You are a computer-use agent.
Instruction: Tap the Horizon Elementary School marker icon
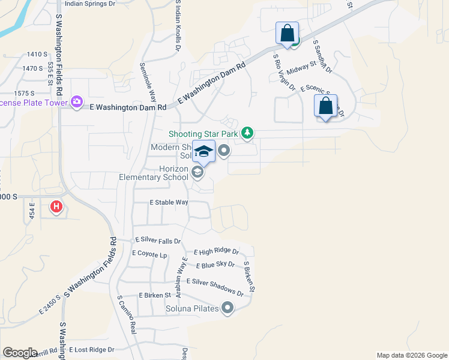(x=197, y=173)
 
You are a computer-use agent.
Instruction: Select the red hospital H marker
(x=56, y=207)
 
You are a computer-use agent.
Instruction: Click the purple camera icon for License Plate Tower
(x=76, y=101)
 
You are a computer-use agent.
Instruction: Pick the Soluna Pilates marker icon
(x=227, y=308)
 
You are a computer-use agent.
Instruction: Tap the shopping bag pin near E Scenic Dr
(x=325, y=106)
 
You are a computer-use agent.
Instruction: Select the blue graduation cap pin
(x=204, y=151)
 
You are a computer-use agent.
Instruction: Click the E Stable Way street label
(x=169, y=203)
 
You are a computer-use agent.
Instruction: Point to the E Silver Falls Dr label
(x=158, y=241)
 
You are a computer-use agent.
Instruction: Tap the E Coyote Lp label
(x=149, y=254)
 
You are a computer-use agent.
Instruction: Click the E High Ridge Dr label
(x=216, y=252)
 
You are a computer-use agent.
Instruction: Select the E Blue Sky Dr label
(x=215, y=265)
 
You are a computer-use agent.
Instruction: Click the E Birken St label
(x=155, y=295)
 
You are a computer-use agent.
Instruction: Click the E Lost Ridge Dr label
(x=91, y=349)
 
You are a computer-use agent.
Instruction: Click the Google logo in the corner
(x=20, y=353)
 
